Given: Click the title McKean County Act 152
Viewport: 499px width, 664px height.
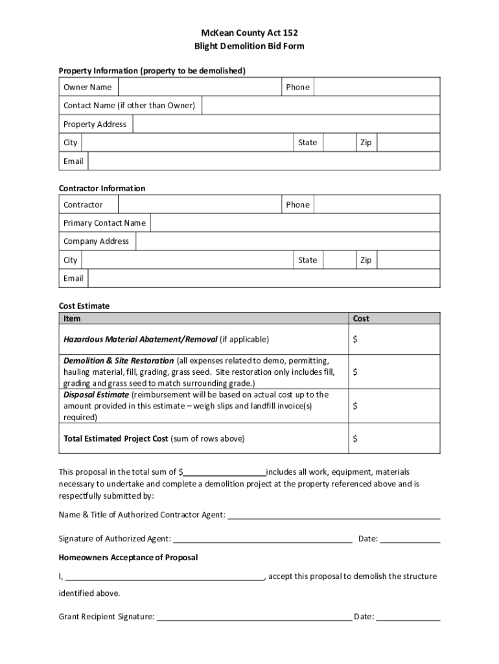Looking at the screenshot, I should [x=250, y=32].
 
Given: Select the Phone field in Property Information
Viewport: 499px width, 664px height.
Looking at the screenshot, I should [x=377, y=87].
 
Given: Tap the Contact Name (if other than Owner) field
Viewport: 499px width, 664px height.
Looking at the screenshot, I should [x=320, y=105].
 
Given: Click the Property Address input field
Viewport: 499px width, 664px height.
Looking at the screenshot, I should [x=286, y=124].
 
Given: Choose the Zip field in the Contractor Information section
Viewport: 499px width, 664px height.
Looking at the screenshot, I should [x=408, y=260].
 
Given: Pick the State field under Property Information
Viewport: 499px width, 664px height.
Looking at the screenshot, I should [x=338, y=143].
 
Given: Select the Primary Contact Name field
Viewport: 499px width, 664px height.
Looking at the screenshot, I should [x=294, y=223].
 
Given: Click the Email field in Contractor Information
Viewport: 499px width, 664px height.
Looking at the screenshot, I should [x=263, y=278].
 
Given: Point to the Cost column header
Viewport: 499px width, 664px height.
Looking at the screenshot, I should [x=361, y=318].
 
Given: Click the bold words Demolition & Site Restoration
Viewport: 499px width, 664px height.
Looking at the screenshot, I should [x=119, y=361].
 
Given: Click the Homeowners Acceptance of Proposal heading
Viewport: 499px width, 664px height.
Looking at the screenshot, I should [x=128, y=558].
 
